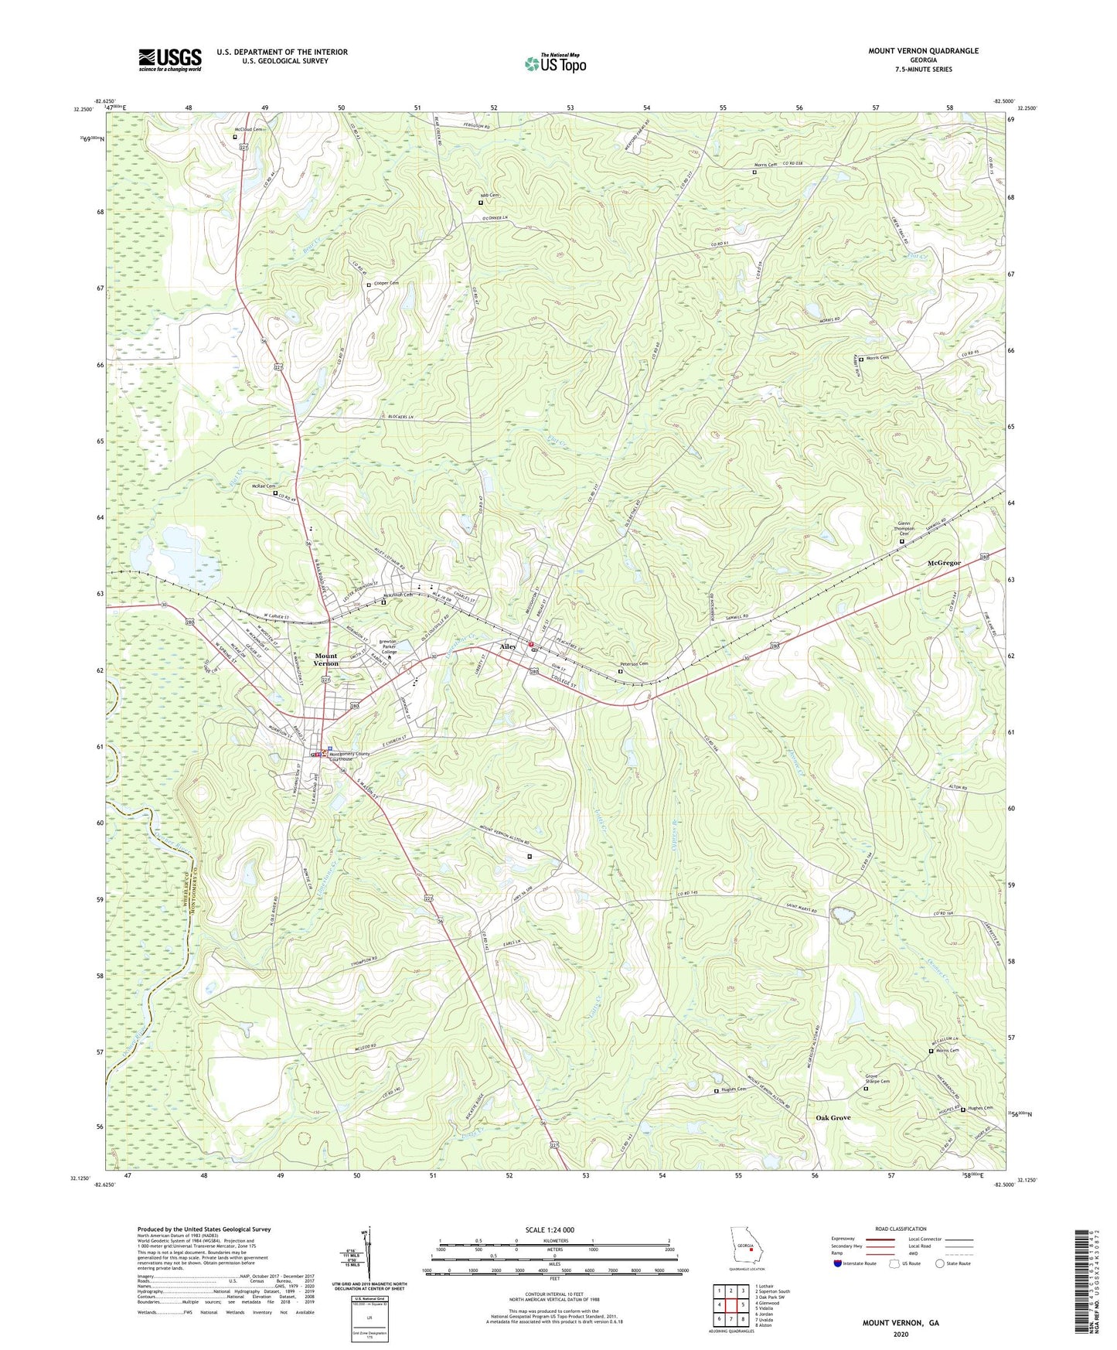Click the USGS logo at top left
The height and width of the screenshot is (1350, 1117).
[x=170, y=59]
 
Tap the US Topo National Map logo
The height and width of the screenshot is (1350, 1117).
[x=555, y=63]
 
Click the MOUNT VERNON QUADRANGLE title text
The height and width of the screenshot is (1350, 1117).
[x=922, y=51]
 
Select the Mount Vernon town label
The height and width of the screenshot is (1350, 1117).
[x=325, y=660]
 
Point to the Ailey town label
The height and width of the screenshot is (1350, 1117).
[x=508, y=646]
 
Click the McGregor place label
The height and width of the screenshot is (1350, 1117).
[x=944, y=563]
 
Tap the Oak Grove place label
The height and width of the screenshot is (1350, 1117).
[x=833, y=1118]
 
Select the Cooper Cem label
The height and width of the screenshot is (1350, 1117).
[x=386, y=284]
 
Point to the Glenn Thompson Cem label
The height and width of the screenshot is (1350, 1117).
[x=903, y=528]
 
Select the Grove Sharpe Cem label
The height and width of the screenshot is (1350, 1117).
[x=877, y=1079]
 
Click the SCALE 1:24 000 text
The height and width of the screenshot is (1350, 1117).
[x=554, y=1230]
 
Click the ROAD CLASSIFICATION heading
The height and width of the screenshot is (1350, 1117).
[x=901, y=1229]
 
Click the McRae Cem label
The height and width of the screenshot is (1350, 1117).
[x=264, y=486]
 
